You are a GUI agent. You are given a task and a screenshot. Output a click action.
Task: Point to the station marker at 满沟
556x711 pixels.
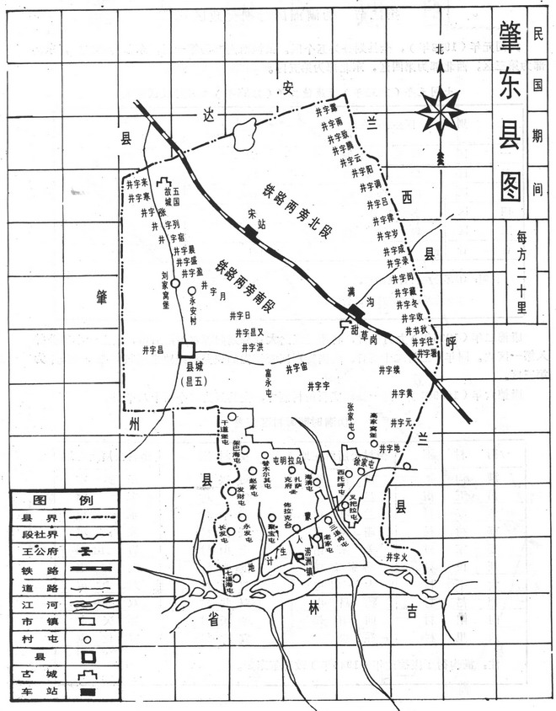[355, 313]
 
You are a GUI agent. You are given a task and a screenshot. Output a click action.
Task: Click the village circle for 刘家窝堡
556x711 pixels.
[175, 284]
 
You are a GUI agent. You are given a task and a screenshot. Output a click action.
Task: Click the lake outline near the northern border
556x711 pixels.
[245, 135]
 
